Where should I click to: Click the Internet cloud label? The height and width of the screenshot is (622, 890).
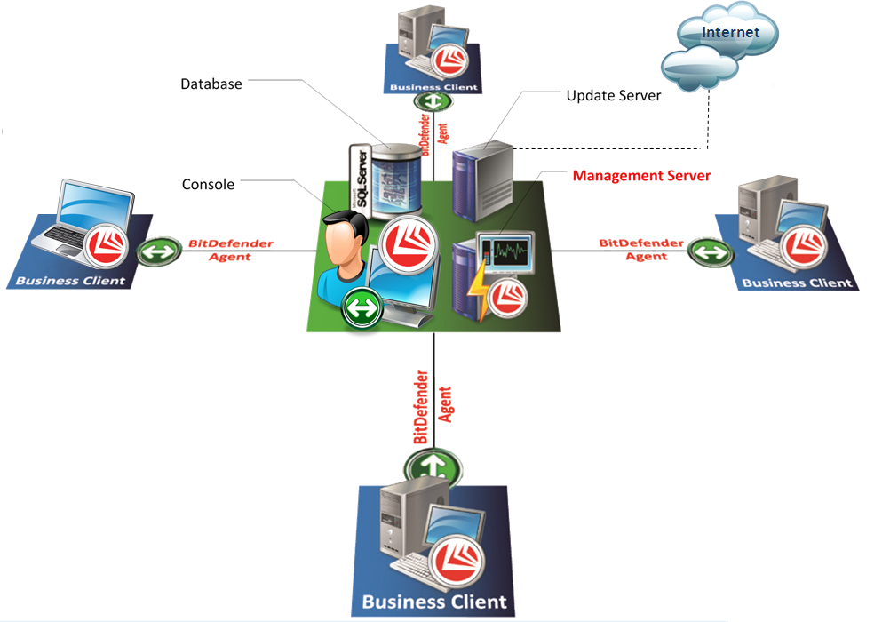tap(730, 33)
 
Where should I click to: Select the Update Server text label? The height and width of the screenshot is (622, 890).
tap(614, 95)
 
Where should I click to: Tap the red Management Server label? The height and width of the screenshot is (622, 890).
tap(641, 176)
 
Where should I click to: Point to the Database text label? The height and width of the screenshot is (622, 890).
tap(211, 84)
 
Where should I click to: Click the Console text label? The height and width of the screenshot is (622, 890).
tap(208, 185)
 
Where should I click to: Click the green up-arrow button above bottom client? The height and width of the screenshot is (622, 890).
tap(433, 465)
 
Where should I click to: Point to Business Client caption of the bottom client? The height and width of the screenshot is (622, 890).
tap(434, 602)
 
